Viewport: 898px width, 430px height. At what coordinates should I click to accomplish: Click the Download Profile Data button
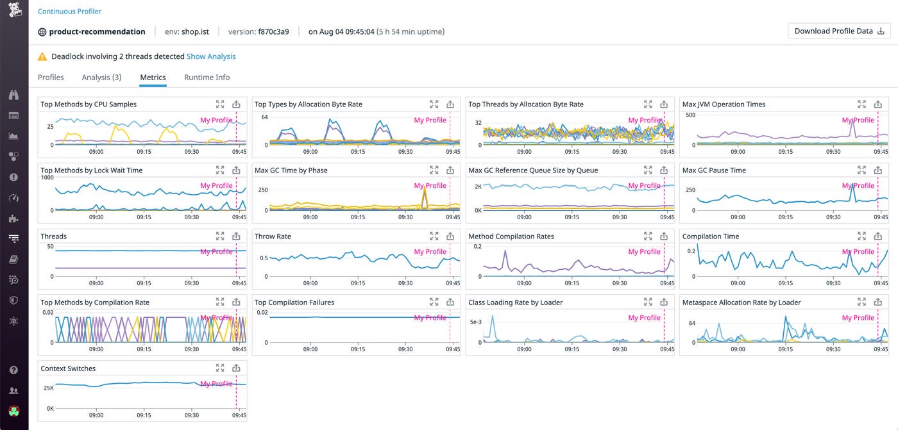[839, 31]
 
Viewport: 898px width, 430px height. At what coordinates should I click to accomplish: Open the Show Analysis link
[211, 56]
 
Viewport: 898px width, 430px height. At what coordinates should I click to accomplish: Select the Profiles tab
[51, 77]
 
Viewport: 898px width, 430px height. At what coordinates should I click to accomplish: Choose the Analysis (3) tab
[101, 77]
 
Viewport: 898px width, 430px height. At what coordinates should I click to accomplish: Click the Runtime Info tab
[207, 77]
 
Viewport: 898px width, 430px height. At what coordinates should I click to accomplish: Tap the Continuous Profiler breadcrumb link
[69, 12]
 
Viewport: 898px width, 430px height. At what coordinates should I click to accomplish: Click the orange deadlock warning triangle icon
[42, 56]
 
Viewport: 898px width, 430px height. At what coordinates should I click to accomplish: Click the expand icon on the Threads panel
[220, 236]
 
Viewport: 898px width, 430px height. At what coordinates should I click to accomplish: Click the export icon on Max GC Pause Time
[877, 170]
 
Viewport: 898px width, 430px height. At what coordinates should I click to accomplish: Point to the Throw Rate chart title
[273, 236]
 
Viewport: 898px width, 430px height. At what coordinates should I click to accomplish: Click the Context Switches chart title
[68, 368]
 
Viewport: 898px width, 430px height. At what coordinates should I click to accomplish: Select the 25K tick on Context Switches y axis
[48, 388]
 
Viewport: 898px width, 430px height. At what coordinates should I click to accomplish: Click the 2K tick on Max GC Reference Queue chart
[478, 186]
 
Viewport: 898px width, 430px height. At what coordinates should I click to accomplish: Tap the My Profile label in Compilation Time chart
[858, 252]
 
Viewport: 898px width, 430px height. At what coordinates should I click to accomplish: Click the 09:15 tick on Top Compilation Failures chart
[358, 349]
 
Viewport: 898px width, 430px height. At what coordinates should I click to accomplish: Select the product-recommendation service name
[97, 31]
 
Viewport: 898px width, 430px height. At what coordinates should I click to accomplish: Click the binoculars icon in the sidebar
[13, 95]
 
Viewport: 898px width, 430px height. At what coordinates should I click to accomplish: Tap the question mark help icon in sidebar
[13, 370]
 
